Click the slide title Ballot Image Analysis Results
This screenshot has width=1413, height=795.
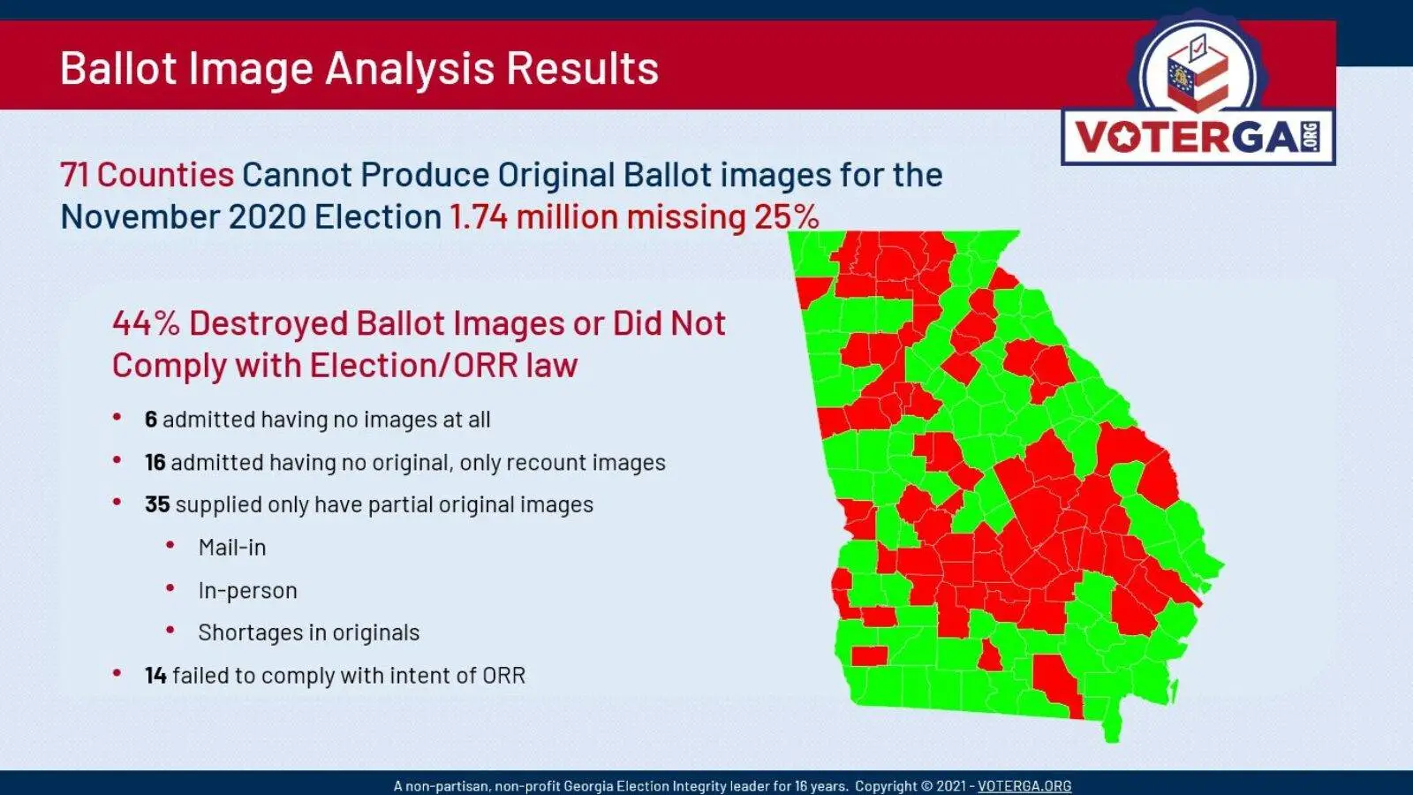[359, 68]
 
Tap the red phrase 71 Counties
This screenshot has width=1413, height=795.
[147, 175]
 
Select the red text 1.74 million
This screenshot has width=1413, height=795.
[533, 217]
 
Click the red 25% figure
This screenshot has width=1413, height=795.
[786, 217]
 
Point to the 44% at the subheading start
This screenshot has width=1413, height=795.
[146, 323]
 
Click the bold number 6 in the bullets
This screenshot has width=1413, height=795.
[151, 420]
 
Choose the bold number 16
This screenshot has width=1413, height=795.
[155, 463]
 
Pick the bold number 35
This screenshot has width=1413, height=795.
[158, 504]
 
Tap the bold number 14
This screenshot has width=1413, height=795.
[155, 676]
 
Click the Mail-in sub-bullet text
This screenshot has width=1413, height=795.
[232, 548]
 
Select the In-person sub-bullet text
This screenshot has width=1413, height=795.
[247, 591]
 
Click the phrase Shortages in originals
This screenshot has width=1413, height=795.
[308, 632]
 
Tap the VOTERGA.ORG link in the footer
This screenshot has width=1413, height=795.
[1024, 786]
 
